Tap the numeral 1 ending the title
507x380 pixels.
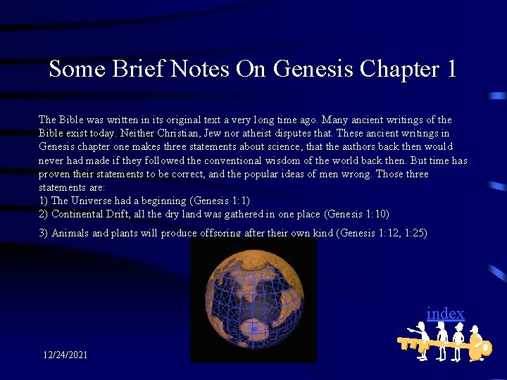(x=451, y=69)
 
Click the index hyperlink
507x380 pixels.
(x=445, y=313)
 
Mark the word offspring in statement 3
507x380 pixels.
(x=220, y=233)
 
